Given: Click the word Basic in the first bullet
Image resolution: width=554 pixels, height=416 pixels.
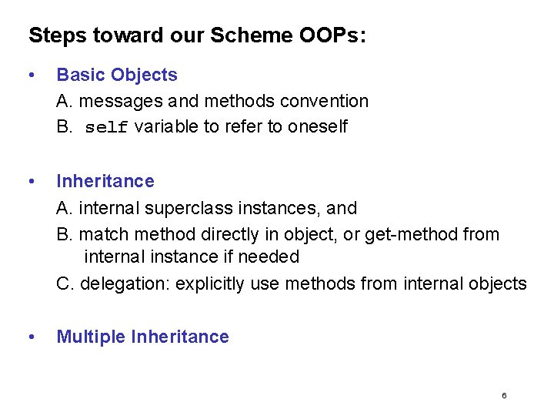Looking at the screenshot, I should (81, 75).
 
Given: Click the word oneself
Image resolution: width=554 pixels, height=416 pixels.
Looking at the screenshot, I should (317, 127).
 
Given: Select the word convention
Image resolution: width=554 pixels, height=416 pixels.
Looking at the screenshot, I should (324, 101).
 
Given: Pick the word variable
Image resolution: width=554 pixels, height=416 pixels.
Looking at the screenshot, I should (166, 127).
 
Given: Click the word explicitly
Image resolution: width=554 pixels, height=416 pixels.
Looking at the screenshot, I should (213, 284).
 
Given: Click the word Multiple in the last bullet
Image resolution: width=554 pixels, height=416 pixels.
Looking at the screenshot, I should (91, 337).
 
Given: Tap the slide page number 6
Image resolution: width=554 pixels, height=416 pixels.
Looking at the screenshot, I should (504, 396).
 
